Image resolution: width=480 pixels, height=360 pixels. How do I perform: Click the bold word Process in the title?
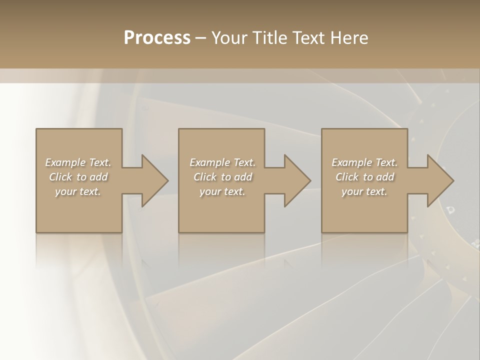tap(157, 38)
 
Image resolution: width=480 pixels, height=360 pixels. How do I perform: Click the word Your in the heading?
tap(230, 38)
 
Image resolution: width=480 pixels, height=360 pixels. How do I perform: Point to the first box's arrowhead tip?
tap(167, 180)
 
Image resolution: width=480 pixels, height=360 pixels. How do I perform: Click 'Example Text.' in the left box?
tap(78, 162)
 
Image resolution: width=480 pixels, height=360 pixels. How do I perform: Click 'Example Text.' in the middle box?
tap(222, 162)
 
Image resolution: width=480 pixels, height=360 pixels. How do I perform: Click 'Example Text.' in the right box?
tap(364, 162)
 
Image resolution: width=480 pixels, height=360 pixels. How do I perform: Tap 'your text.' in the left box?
tap(78, 191)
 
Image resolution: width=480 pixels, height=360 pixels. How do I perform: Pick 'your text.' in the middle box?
tap(222, 191)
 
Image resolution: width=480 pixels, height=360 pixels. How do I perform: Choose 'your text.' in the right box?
tap(364, 191)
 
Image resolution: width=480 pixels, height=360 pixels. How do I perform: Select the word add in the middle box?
tap(243, 177)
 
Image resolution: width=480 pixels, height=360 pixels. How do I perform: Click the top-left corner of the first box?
tap(36, 129)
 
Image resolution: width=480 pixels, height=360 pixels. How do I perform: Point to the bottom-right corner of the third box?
tap(407, 232)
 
